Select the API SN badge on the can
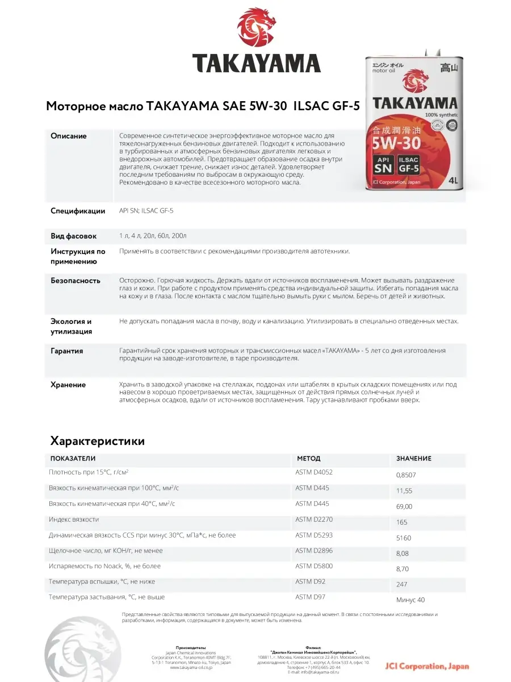pyautogui.click(x=384, y=164)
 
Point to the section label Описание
pyautogui.click(x=69, y=136)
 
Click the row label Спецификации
pyautogui.click(x=78, y=211)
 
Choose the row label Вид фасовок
pyautogui.click(x=74, y=236)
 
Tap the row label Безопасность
pyautogui.click(x=76, y=281)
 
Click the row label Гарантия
pyautogui.click(x=67, y=351)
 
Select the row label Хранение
pyautogui.click(x=68, y=385)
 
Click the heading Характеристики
pyautogui.click(x=98, y=441)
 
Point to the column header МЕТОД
pyautogui.click(x=308, y=459)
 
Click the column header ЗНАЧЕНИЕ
pyautogui.click(x=414, y=459)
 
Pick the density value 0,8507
pyautogui.click(x=405, y=475)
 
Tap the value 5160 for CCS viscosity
pyautogui.click(x=403, y=538)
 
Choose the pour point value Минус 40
pyautogui.click(x=411, y=600)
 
